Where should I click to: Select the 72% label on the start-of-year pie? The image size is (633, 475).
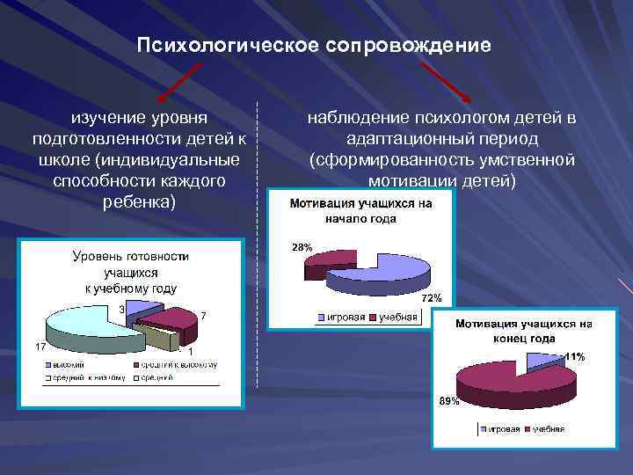tap(432, 298)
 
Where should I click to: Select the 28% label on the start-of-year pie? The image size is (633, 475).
tap(301, 248)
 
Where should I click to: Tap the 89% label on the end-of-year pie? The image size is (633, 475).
tap(448, 401)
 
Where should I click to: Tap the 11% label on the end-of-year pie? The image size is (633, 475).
tap(574, 356)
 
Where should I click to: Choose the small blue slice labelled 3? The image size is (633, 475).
tap(143, 305)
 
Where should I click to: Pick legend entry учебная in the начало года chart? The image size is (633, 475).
tap(397, 317)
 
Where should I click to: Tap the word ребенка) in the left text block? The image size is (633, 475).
tap(140, 201)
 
